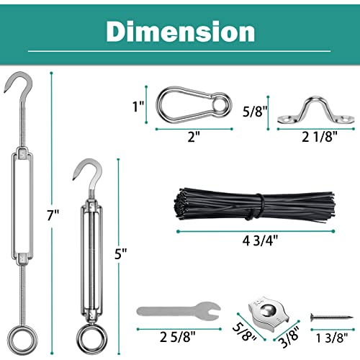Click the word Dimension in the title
click(x=180, y=31)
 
